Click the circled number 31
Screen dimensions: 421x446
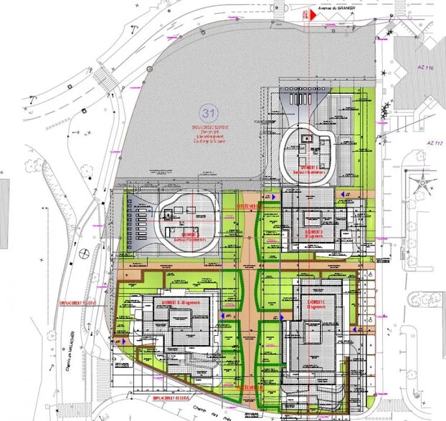[210, 113]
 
